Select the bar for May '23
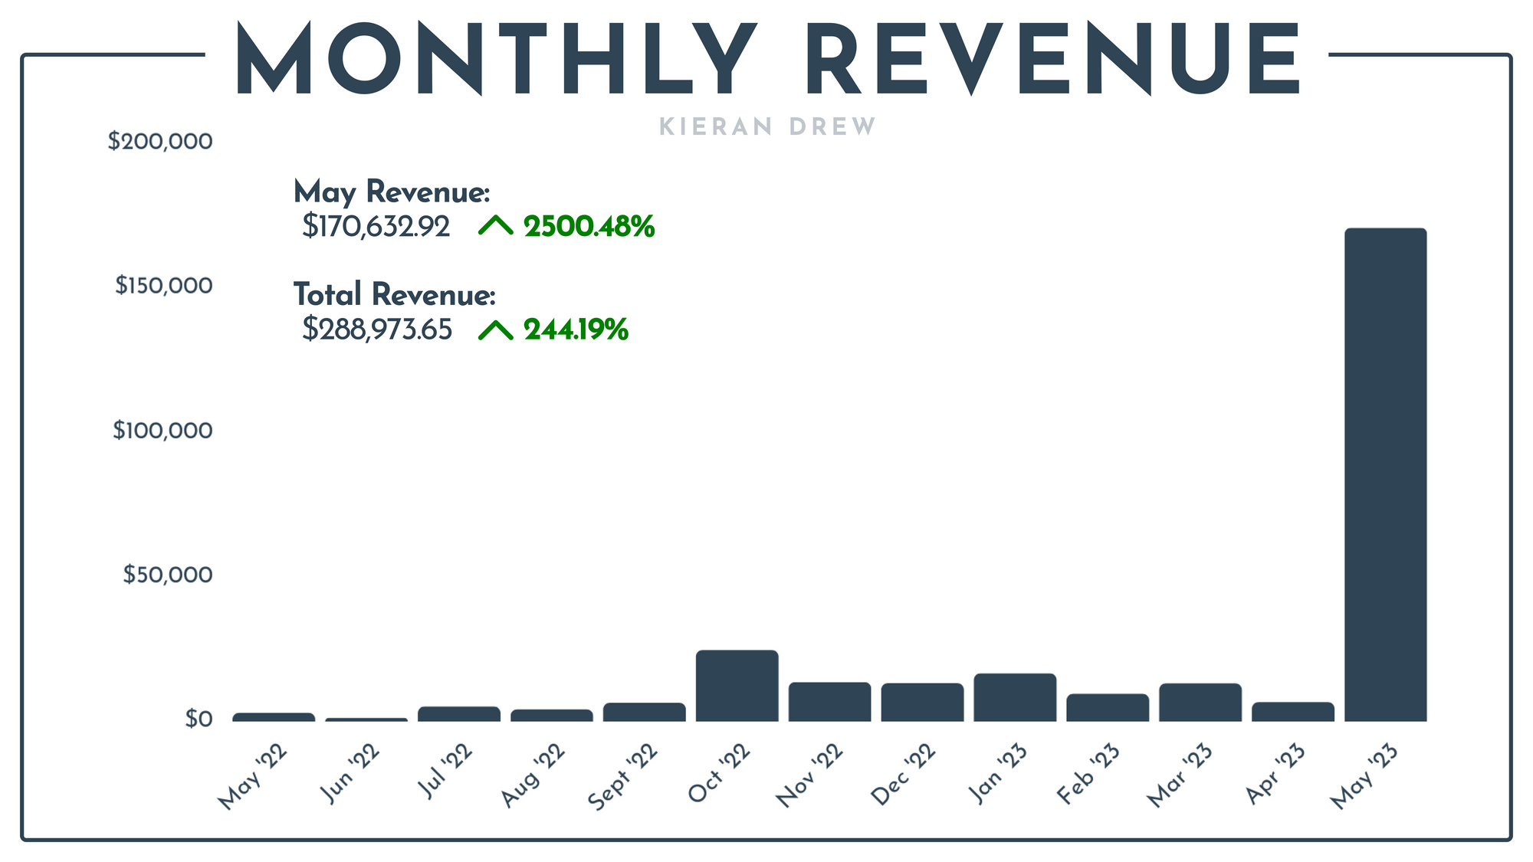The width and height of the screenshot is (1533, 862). pos(1385,475)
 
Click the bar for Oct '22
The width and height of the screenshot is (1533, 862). pos(737,686)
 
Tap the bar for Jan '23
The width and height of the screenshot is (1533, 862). pos(1015,697)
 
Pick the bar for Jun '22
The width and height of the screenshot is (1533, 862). pos(366,719)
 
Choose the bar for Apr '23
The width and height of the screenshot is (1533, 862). pos(1293,712)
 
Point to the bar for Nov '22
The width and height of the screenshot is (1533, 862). pos(829,702)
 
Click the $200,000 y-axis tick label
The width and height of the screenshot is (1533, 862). pos(160,142)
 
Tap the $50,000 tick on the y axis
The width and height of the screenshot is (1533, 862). pos(167,575)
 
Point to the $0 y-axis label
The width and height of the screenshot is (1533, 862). pos(198,719)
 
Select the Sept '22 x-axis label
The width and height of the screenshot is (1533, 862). pos(623,777)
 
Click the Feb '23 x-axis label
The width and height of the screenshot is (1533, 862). pos(1088,774)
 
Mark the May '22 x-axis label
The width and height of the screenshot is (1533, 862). pos(253,777)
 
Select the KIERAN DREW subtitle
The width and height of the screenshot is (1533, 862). pos(767,127)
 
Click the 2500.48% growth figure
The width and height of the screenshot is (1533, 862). pos(589,227)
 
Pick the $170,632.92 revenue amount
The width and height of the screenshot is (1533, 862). pos(376,227)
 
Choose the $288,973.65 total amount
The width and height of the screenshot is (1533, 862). pos(377,329)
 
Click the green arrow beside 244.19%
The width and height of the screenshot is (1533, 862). pos(496,330)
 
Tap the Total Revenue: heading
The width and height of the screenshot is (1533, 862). pos(394,295)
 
